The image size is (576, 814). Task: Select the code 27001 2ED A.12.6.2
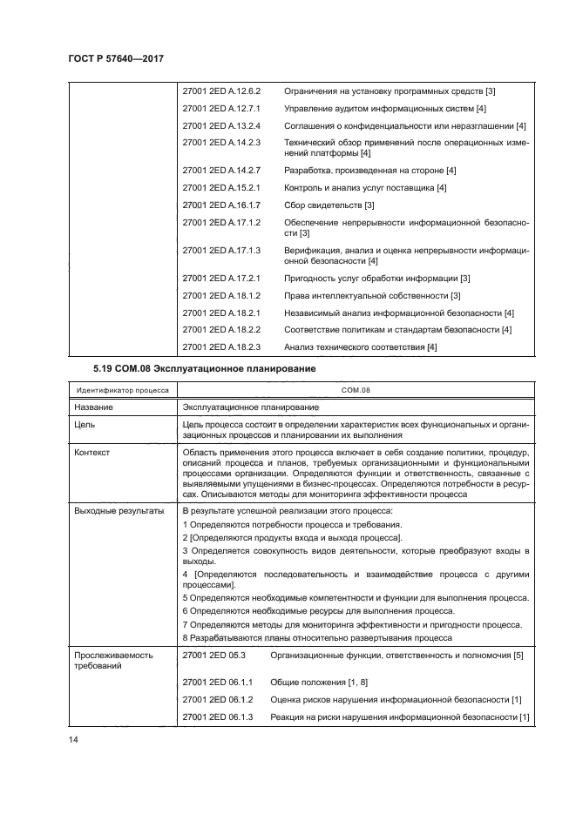click(222, 91)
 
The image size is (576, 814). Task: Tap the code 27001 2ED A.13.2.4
click(222, 125)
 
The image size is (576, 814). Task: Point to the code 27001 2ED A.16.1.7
click(222, 205)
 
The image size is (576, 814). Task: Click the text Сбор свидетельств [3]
click(329, 205)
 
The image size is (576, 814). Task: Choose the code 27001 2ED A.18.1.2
click(222, 296)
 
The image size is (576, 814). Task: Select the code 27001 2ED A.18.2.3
click(222, 347)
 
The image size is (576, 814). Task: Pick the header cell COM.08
click(356, 392)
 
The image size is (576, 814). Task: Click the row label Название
click(92, 407)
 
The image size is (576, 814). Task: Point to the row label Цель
click(85, 424)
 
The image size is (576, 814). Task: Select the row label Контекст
click(92, 453)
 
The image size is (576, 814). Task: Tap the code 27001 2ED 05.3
click(215, 654)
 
